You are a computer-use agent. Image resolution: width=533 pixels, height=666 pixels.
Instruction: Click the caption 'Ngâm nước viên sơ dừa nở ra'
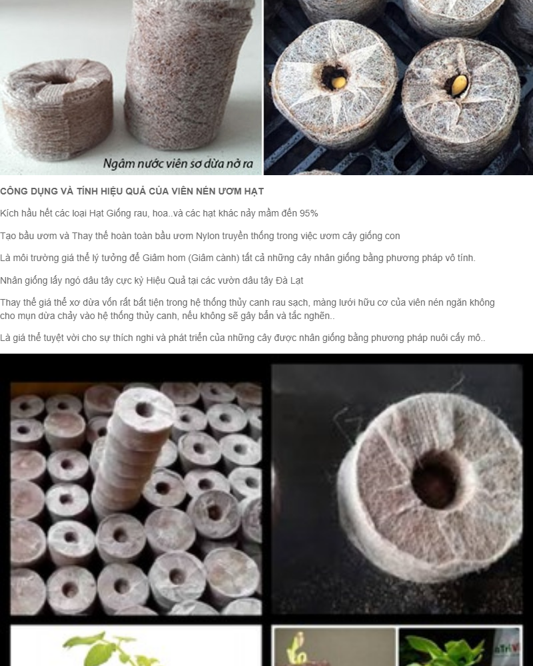(x=178, y=164)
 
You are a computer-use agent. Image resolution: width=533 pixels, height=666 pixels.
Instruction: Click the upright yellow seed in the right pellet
(x=458, y=85)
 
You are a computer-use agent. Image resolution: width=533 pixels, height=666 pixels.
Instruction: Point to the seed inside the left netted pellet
(x=334, y=80)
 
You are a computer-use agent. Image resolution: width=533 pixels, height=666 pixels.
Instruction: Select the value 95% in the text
(x=308, y=213)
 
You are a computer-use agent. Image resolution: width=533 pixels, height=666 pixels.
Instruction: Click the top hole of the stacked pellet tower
(x=144, y=410)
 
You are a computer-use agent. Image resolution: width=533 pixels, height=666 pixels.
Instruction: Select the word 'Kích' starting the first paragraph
(x=9, y=213)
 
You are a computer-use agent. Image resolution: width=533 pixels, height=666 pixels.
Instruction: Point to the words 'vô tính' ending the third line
(x=460, y=258)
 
